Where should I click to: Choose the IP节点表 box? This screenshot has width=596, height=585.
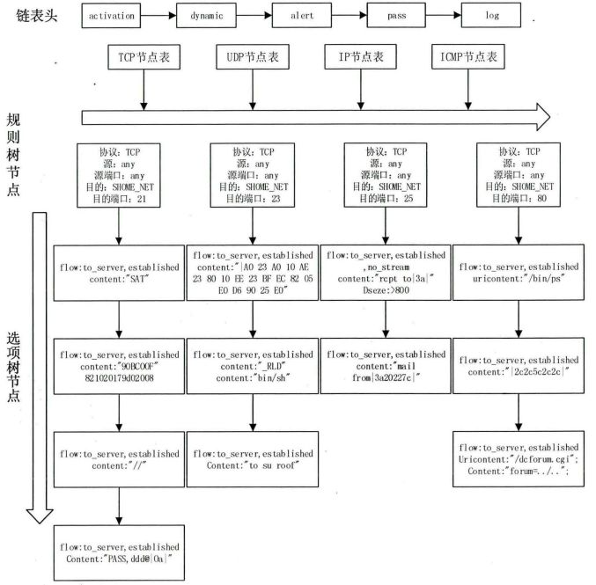pos(361,57)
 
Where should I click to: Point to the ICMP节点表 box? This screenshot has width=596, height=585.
pos(468,57)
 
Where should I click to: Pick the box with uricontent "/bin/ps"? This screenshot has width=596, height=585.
pos(518,273)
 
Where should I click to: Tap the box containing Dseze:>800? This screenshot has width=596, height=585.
pos(385,273)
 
